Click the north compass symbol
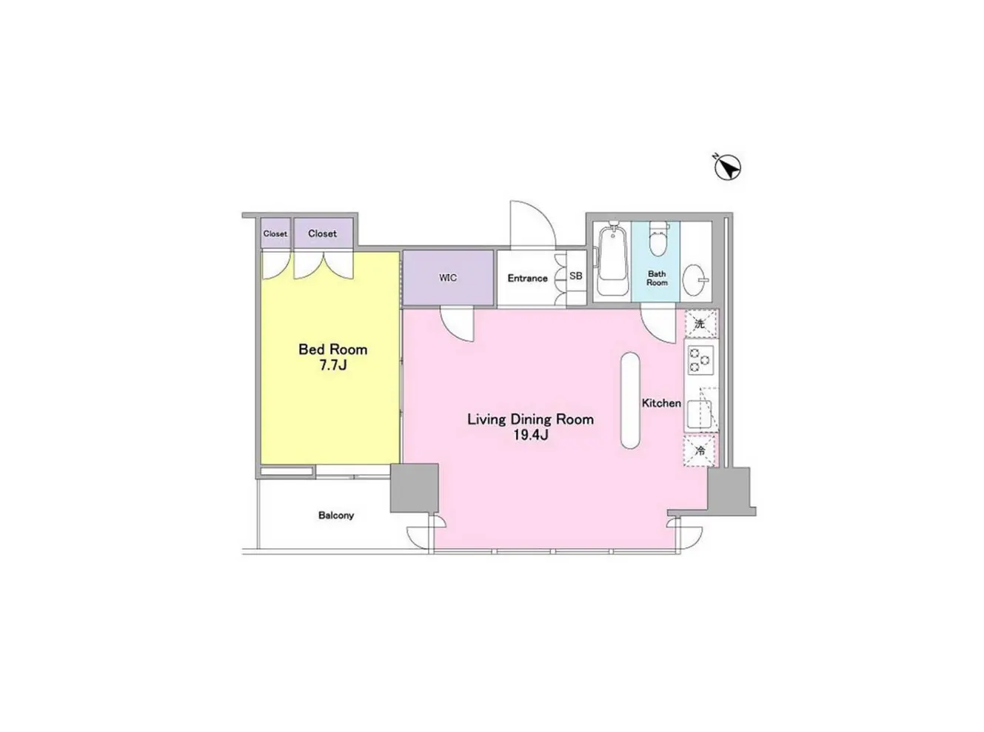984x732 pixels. [x=727, y=167]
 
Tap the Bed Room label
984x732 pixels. [x=332, y=350]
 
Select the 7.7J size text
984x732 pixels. [x=332, y=365]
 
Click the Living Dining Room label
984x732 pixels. [x=530, y=419]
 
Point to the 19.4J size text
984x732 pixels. [x=531, y=435]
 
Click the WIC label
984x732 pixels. [x=448, y=278]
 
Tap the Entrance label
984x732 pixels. [x=527, y=279]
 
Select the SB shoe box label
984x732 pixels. [x=575, y=276]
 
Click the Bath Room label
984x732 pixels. [x=657, y=279]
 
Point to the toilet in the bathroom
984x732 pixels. [x=658, y=239]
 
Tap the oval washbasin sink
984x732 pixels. [x=694, y=279]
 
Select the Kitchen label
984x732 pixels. [x=661, y=403]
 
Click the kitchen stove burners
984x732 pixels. [x=700, y=360]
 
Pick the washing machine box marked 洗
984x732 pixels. [x=700, y=324]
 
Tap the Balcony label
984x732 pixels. [x=336, y=516]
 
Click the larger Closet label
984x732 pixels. [x=322, y=233]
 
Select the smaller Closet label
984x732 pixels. [x=275, y=233]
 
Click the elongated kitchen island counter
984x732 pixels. [x=630, y=400]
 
